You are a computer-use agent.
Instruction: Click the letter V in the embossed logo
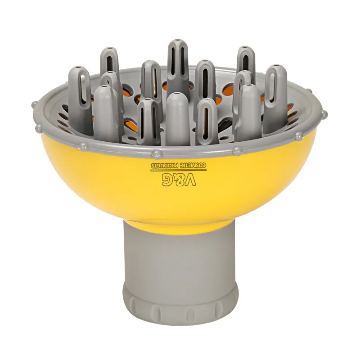[x=189, y=179]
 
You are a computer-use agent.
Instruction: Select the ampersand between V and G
[x=178, y=179]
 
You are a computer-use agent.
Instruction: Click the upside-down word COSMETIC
[x=194, y=165]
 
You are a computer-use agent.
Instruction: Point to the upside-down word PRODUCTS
[x=165, y=165]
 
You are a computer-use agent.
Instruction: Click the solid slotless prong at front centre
[x=177, y=119]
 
